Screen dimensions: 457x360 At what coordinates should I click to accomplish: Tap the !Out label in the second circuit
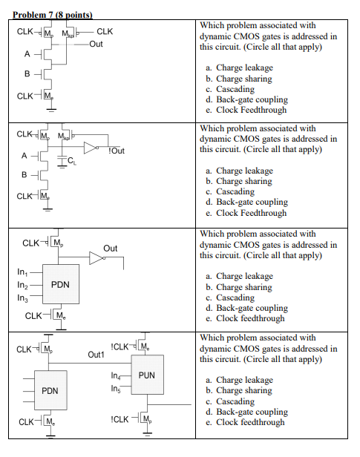click(x=116, y=151)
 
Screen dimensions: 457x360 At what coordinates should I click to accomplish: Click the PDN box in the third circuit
click(x=60, y=285)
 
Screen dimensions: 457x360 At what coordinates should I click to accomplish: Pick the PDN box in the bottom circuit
click(x=50, y=390)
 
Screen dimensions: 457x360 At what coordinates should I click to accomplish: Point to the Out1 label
click(x=96, y=355)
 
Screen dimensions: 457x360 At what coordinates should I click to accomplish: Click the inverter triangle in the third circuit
click(x=96, y=257)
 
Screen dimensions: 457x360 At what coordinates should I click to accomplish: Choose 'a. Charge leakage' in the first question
click(x=239, y=68)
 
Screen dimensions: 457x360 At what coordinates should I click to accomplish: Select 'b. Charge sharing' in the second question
click(x=239, y=181)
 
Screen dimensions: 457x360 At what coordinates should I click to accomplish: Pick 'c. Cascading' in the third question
click(x=233, y=297)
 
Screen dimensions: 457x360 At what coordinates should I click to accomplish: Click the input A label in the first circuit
click(x=27, y=54)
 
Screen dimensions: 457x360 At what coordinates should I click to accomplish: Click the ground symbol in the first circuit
click(x=50, y=110)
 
